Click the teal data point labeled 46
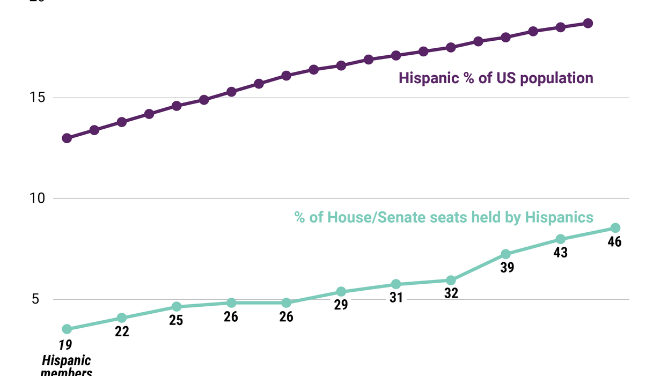tap(615, 228)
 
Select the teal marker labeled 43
tap(560, 239)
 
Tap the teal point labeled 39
tap(505, 254)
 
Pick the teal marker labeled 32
tap(451, 281)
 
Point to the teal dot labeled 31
tap(396, 284)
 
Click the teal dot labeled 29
tap(341, 292)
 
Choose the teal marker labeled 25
tap(177, 307)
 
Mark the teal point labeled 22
tap(122, 318)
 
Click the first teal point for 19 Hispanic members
tap(67, 329)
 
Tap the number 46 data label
tap(614, 242)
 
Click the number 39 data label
tap(507, 268)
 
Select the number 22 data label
tap(122, 332)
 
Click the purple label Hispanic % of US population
tap(496, 78)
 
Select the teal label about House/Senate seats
tap(444, 217)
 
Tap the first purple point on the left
tap(67, 138)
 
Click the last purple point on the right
tap(588, 23)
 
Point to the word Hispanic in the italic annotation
tap(67, 360)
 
